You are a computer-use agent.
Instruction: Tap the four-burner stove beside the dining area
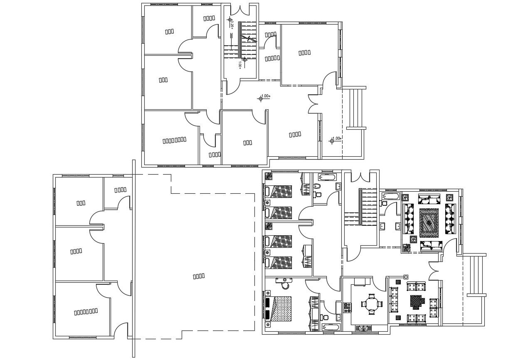pyautogui.click(x=346, y=308)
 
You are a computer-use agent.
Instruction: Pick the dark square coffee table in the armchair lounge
pyautogui.click(x=416, y=301)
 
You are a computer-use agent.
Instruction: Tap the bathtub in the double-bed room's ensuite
pyautogui.click(x=331, y=328)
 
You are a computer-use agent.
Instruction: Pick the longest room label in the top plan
pyautogui.click(x=174, y=140)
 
